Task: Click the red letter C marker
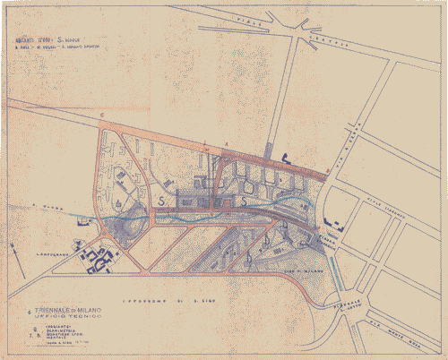pyautogui.click(x=103, y=117)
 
